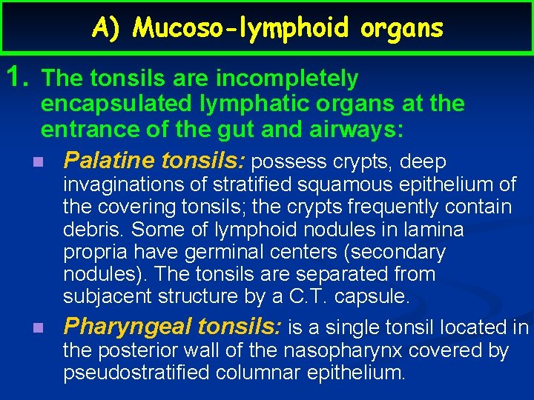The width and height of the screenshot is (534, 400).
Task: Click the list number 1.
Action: point(17,78)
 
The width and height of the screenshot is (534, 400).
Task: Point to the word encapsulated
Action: point(112,104)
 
